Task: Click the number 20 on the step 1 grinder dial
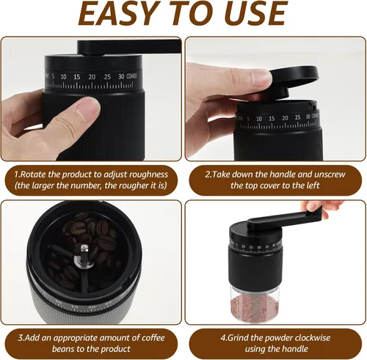[x=92, y=77]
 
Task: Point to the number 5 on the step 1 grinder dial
[x=53, y=76]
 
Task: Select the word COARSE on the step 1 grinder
[x=132, y=76]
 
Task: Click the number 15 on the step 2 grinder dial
[x=272, y=119]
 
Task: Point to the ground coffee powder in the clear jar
[x=255, y=307]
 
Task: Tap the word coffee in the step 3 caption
[x=153, y=338]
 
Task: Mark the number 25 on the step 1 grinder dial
[x=107, y=77]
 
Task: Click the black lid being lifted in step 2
[x=292, y=78]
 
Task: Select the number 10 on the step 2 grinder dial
[x=259, y=119]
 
